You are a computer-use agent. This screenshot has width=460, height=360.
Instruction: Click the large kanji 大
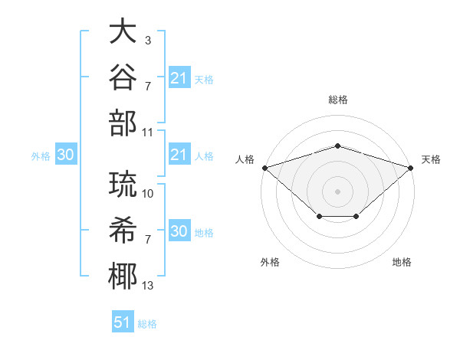pyautogui.click(x=123, y=31)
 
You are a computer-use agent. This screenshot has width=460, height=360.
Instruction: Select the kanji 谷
pyautogui.click(x=123, y=77)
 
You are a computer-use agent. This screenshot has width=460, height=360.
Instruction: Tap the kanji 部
pyautogui.click(x=123, y=123)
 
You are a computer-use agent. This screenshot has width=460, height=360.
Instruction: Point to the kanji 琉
pyautogui.click(x=123, y=184)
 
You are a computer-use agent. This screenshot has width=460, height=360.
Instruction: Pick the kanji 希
pyautogui.click(x=123, y=230)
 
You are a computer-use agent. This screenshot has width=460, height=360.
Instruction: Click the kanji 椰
pyautogui.click(x=123, y=277)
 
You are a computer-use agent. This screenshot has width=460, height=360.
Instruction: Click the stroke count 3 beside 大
pyautogui.click(x=148, y=40)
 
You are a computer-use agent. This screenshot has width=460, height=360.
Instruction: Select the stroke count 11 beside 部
pyautogui.click(x=147, y=133)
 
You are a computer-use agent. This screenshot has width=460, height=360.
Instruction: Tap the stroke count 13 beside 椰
pyautogui.click(x=147, y=286)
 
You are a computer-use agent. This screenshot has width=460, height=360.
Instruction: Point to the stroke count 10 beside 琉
pyautogui.click(x=147, y=194)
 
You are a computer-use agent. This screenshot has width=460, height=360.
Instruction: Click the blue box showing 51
pyautogui.click(x=123, y=321)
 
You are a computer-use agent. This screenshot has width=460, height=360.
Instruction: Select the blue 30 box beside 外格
pyautogui.click(x=66, y=154)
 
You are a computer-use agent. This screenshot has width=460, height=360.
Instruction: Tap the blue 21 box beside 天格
pyautogui.click(x=180, y=77)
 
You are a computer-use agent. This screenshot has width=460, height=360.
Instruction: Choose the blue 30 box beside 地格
pyautogui.click(x=180, y=230)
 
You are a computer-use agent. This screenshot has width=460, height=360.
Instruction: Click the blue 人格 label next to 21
pyautogui.click(x=204, y=156)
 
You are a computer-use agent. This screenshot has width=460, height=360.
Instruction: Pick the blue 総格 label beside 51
pyautogui.click(x=147, y=324)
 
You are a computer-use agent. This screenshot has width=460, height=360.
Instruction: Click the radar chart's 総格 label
pyautogui.click(x=338, y=100)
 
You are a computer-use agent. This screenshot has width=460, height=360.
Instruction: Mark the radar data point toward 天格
pyautogui.click(x=411, y=168)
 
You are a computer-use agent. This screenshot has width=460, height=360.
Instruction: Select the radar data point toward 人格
pyautogui.click(x=265, y=168)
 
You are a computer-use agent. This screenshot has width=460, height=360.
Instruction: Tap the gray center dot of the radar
pyautogui.click(x=337, y=191)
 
